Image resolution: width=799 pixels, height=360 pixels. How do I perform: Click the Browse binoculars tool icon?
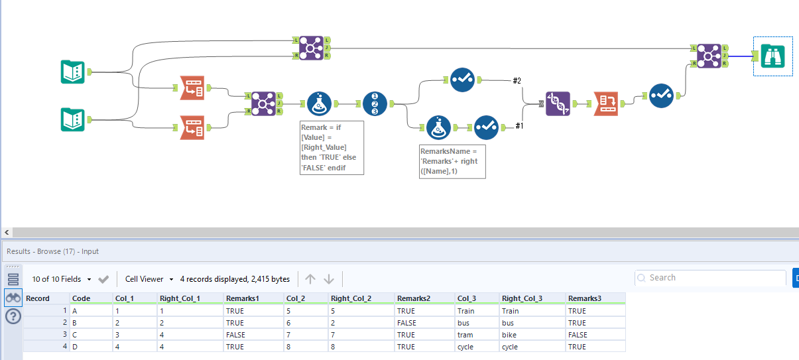[772, 56]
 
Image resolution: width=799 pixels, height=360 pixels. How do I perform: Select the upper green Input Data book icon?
[73, 72]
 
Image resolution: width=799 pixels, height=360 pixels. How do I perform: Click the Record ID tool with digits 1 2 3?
[375, 104]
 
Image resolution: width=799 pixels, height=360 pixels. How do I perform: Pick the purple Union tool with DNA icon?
[558, 104]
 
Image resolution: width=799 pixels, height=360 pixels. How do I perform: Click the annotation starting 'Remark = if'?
[332, 147]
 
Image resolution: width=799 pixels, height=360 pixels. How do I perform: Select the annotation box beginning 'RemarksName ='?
[452, 161]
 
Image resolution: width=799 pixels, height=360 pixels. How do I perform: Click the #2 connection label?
[517, 81]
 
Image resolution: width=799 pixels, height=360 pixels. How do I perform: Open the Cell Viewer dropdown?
[149, 279]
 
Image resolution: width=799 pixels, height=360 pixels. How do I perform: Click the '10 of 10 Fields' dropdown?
[62, 279]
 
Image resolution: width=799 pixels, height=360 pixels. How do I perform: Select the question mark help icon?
[13, 317]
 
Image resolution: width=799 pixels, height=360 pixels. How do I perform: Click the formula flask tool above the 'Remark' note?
[320, 104]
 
